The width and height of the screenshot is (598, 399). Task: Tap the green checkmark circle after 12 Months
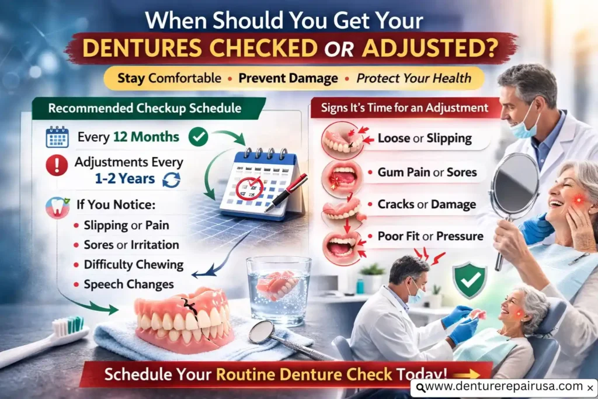[199, 138]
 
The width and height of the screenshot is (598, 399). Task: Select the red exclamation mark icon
[57, 165]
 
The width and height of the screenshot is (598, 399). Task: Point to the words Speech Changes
[129, 284]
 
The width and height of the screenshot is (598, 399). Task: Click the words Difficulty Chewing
[134, 265]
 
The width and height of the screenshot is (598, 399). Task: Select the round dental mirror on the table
[260, 332]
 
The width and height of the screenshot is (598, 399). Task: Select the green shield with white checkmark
[470, 279]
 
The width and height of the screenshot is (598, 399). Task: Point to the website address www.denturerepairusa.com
[504, 387]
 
